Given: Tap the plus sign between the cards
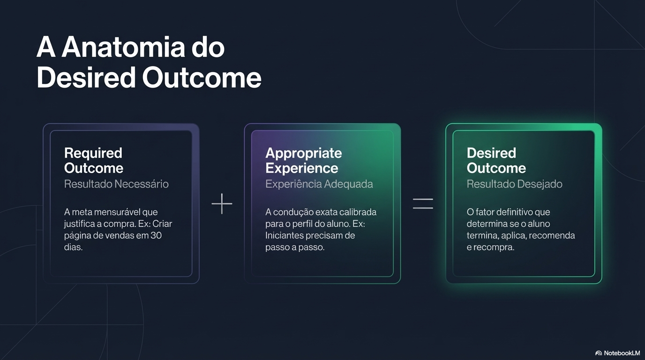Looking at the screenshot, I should tap(222, 203).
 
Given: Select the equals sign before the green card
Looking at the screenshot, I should tap(423, 203).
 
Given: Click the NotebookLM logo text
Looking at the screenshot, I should tap(622, 353).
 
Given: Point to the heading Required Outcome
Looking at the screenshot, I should tap(93, 160).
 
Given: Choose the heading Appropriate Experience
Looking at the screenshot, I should tap(303, 160).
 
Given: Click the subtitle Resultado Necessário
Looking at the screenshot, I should tap(116, 184).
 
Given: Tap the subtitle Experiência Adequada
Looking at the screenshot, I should tap(319, 184).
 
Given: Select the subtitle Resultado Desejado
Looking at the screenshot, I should tap(514, 184).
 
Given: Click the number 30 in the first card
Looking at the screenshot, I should tap(156, 235).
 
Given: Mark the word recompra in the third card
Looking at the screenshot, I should tap(497, 247).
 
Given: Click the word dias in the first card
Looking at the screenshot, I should tap(73, 247).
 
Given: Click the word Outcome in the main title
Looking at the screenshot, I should tap(202, 77).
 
